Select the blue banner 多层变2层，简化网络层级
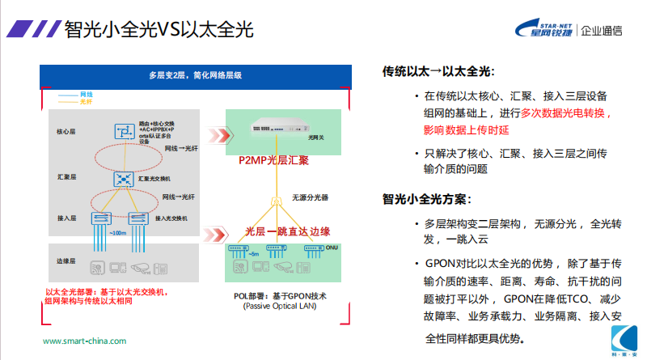pyautogui.click(x=195, y=75)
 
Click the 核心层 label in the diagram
pyautogui.click(x=66, y=131)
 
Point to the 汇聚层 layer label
pyautogui.click(x=66, y=176)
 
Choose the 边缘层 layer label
pyautogui.click(x=66, y=261)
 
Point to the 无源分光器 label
pyautogui.click(x=310, y=197)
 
